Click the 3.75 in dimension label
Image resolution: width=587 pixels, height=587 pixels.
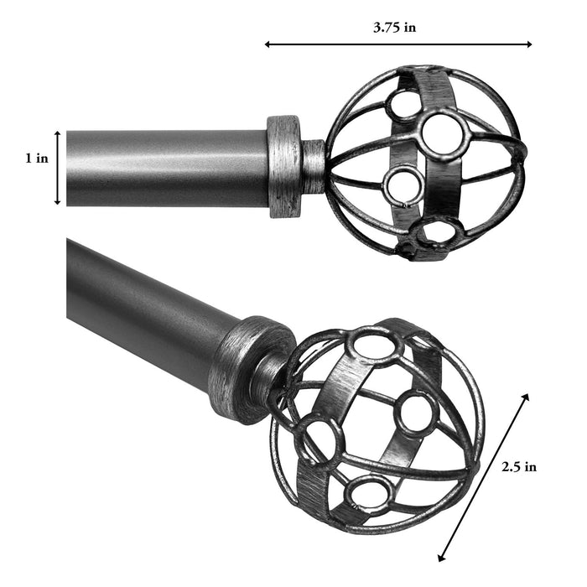[395, 27]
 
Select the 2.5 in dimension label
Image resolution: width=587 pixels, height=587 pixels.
[518, 467]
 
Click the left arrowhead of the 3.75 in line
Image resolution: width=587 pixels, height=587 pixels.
[268, 44]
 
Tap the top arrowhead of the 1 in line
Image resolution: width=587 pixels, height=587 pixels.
[58, 133]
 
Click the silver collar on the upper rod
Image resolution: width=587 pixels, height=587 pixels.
[284, 165]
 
